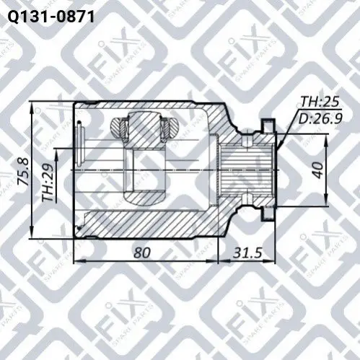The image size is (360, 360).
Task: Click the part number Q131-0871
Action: click(51, 17)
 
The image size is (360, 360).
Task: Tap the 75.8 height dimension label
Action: click(25, 171)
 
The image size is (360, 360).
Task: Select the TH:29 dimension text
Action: click(47, 183)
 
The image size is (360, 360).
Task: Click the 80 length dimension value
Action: click(142, 253)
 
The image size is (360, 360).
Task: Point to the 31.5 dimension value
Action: click(247, 253)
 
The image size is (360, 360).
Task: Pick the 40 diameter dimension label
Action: click(319, 170)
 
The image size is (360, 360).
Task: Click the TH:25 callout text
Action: click(320, 102)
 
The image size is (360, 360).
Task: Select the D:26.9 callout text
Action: click(320, 118)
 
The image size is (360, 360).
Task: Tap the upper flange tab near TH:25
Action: click(268, 125)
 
